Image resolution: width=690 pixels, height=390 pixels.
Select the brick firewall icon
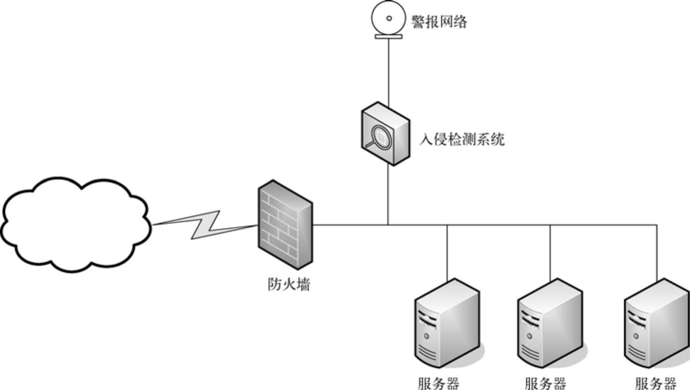click(x=285, y=224)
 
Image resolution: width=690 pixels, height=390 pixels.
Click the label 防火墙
click(x=289, y=284)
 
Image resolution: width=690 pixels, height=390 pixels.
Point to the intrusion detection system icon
click(x=385, y=133)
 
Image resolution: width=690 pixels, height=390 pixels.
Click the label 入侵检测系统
click(x=462, y=139)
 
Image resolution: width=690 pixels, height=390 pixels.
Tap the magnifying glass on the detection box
click(x=379, y=137)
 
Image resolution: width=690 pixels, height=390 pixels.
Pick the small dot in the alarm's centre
click(x=389, y=18)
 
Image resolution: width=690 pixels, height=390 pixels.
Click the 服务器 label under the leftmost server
click(x=438, y=383)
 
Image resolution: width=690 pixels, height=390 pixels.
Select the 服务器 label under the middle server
click(x=545, y=383)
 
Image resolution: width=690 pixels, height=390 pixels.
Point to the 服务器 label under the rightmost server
click(x=655, y=383)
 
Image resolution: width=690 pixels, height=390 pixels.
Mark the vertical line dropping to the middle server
click(x=550, y=251)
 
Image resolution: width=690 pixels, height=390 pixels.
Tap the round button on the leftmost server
click(x=426, y=336)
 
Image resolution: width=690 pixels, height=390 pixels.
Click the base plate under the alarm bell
click(x=389, y=36)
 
